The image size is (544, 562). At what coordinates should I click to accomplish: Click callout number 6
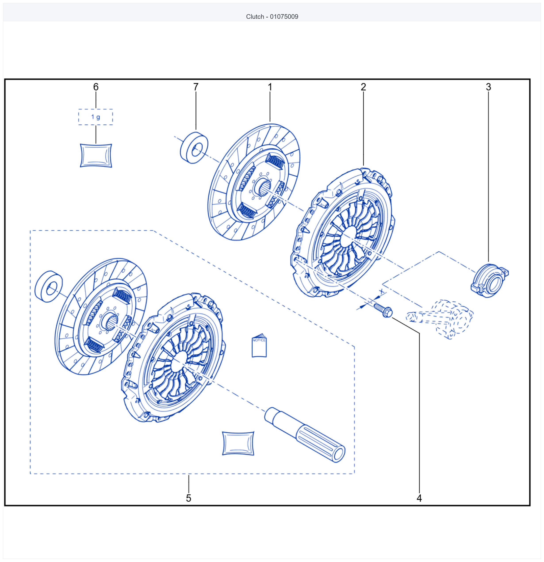point(96,87)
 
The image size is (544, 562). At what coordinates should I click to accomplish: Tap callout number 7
point(196,87)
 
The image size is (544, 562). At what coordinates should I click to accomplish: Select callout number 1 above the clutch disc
point(270,87)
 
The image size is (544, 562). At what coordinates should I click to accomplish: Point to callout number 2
point(363,87)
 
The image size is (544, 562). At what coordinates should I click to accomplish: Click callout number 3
point(488,87)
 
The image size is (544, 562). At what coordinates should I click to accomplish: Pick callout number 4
point(419,498)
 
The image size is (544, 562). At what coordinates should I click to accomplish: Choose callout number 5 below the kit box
point(188,498)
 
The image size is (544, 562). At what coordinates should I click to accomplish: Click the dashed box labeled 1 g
point(96,117)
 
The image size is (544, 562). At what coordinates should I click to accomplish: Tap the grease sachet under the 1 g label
point(96,155)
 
